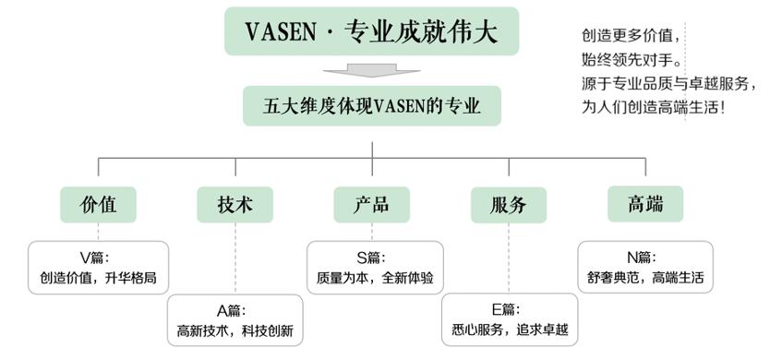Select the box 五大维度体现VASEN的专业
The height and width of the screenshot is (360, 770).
tap(371, 106)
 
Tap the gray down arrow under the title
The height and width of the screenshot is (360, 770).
tap(371, 70)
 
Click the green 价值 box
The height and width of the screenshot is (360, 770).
tap(99, 204)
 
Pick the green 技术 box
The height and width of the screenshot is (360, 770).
tap(235, 205)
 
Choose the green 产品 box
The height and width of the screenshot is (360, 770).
tap(371, 205)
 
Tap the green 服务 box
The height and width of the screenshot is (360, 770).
tap(508, 205)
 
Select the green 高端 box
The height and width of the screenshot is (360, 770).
tap(644, 204)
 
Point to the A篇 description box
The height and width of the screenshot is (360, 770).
tap(235, 320)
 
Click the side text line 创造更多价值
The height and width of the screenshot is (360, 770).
tap(632, 38)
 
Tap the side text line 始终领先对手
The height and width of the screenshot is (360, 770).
tap(632, 61)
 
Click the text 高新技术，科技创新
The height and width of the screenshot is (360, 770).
tap(235, 330)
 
